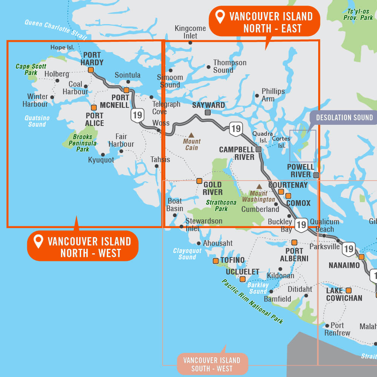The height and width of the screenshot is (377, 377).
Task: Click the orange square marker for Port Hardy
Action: click(91, 70)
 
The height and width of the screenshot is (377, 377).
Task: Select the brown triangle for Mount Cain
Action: click(192, 135)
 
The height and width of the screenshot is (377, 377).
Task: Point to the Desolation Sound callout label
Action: click(344, 118)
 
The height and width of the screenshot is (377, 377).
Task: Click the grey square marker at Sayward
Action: click(208, 112)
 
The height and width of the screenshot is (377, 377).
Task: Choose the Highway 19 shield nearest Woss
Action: click(137, 115)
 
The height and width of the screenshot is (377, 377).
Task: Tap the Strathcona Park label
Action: click(221, 205)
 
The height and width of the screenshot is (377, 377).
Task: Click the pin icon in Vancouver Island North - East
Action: click(220, 17)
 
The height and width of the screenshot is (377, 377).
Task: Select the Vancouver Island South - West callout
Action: click(213, 364)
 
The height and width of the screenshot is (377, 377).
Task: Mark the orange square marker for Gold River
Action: click(199, 181)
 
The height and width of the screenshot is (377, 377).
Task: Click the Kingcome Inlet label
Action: click(190, 32)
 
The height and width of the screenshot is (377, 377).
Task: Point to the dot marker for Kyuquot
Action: click(103, 154)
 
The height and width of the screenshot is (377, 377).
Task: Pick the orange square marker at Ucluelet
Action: click(242, 279)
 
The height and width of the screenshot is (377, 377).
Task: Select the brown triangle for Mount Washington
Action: click(259, 186)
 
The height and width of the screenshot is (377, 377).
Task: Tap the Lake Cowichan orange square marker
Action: click(348, 290)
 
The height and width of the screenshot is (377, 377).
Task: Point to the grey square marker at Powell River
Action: click(316, 175)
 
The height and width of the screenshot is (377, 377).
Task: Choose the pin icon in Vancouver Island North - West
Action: click(38, 241)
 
